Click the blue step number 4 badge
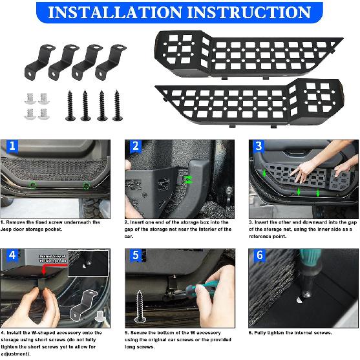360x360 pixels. point(12,255)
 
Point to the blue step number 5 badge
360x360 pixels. point(136,255)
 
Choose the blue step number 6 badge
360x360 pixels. point(258,255)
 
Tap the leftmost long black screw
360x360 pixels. point(69,104)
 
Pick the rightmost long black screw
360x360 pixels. point(117,103)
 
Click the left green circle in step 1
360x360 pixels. point(33,186)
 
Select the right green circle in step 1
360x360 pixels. point(86,186)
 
